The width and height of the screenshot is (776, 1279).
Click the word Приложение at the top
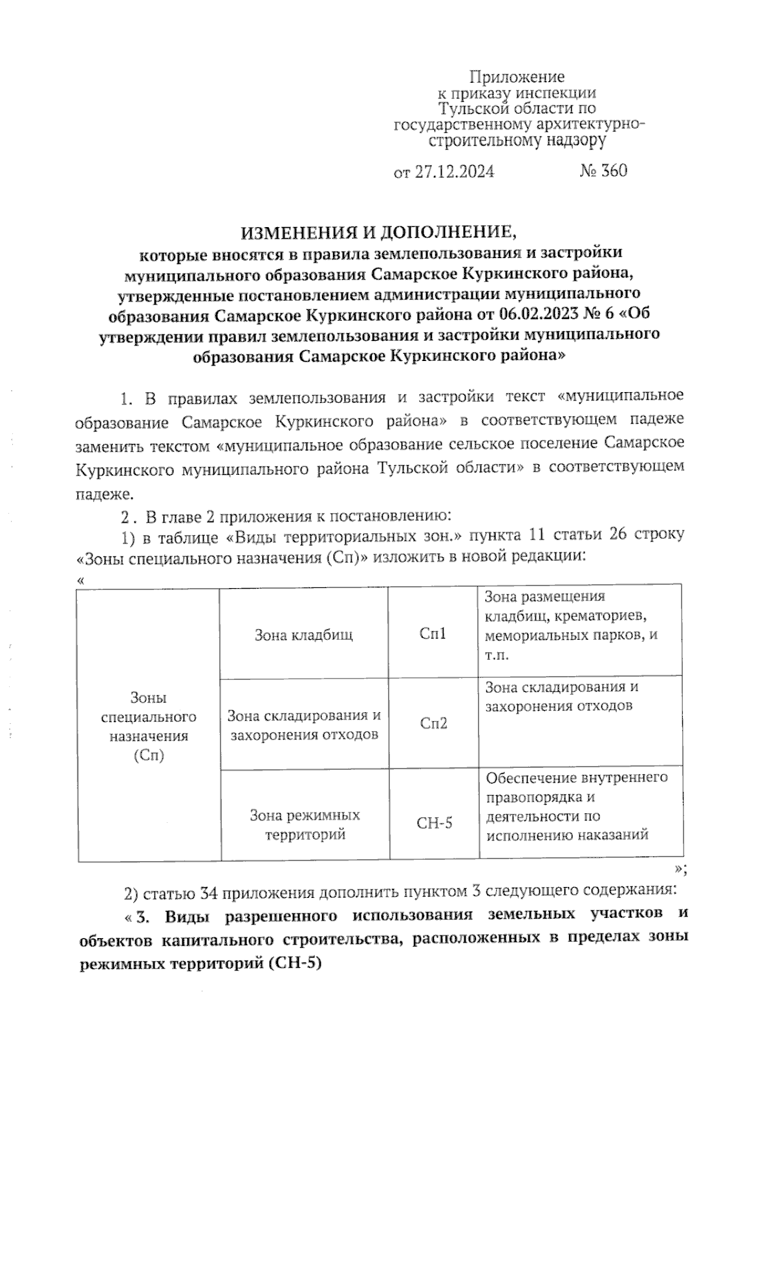point(516,78)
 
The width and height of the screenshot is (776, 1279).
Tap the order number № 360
point(603,171)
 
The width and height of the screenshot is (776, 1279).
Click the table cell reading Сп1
point(433,634)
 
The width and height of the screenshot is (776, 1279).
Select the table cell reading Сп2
point(433,723)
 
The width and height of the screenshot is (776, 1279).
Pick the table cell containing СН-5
point(434,823)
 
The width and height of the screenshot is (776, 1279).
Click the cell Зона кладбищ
point(304,634)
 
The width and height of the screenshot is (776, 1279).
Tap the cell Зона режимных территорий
point(305,825)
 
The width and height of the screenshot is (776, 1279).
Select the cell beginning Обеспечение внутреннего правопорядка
point(580,806)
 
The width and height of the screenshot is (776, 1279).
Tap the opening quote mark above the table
point(81,580)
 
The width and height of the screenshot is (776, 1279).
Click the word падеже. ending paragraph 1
point(104,496)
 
